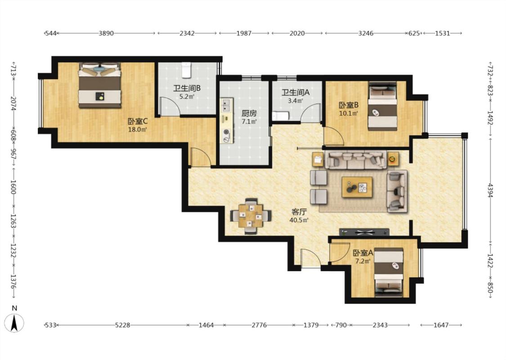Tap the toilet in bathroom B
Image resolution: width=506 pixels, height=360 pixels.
point(187,70)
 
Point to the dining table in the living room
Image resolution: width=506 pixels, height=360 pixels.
point(251,216)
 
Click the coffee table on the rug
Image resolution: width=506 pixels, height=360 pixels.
point(357,187)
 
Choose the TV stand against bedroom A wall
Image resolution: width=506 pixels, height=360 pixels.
point(364,232)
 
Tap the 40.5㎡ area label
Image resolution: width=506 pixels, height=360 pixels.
point(299,220)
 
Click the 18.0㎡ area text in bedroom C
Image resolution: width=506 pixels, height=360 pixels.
point(138,130)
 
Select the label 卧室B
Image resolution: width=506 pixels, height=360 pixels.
point(349,105)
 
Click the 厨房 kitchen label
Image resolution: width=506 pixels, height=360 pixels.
point(249,114)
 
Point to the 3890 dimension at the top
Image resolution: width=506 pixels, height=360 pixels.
point(106,33)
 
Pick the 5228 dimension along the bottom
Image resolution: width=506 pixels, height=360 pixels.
point(123,325)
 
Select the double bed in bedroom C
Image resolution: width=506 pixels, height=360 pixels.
point(100,85)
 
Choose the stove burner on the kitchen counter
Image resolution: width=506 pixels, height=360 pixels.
point(227,132)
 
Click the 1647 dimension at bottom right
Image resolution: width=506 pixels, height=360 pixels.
point(441,325)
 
